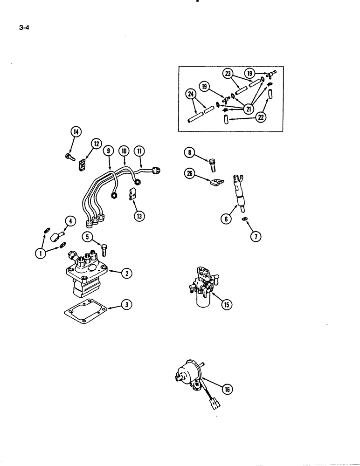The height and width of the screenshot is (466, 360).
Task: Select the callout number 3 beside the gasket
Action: pos(126,305)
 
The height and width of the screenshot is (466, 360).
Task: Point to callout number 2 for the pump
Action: pos(126,273)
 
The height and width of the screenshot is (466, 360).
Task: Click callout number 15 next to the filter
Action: pos(227,305)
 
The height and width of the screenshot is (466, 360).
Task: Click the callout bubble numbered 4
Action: pos(70,221)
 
